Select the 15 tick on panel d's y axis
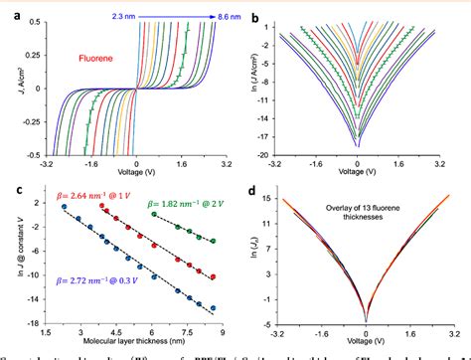click(x=280, y=198)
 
